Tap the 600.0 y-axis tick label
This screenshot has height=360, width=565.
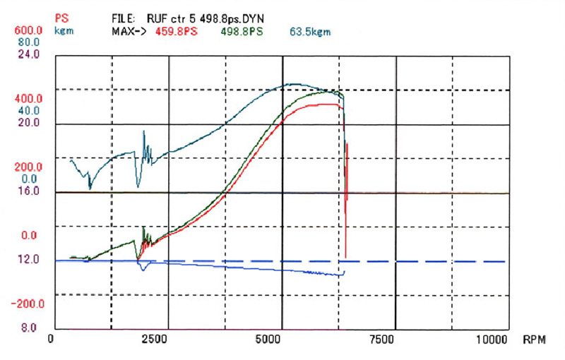click(x=29, y=31)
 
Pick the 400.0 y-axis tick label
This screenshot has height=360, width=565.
click(x=29, y=99)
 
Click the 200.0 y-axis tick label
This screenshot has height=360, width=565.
click(x=29, y=167)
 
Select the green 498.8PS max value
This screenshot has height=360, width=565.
click(x=242, y=32)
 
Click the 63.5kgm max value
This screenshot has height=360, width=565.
click(x=309, y=32)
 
